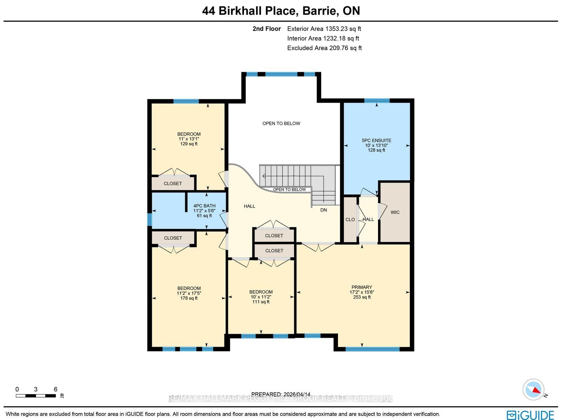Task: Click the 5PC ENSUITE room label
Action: [377, 141]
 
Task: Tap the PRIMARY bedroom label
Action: [361, 287]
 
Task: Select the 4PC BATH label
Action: [204, 206]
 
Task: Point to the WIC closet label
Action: [395, 212]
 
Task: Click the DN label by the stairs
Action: [324, 210]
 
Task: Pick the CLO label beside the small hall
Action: [350, 219]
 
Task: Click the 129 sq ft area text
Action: [189, 144]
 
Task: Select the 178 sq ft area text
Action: [189, 298]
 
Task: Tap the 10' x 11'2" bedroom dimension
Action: [261, 297]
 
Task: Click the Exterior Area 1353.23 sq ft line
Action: [324, 29]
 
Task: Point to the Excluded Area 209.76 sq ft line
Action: [324, 48]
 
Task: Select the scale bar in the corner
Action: [36, 396]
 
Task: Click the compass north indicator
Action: [533, 389]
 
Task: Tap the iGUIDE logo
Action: [530, 415]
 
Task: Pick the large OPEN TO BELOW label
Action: [281, 123]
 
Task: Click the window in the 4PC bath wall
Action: [150, 219]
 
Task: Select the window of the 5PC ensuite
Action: [377, 101]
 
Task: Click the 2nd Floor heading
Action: [266, 29]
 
